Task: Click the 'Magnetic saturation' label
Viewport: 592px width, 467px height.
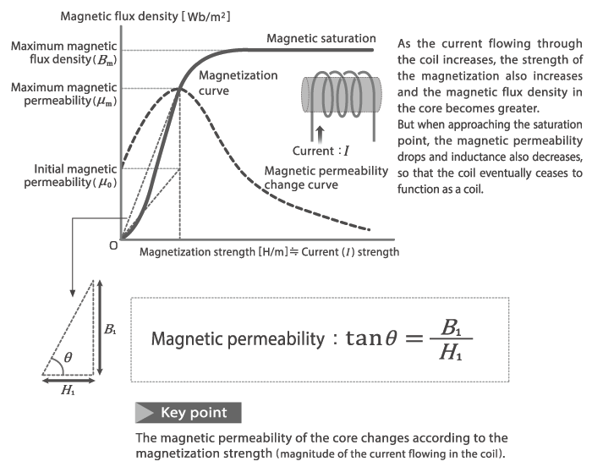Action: coord(321,39)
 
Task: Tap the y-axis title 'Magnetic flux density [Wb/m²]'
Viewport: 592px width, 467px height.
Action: coord(145,17)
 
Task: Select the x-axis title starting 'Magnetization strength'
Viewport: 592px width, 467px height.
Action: coord(269,252)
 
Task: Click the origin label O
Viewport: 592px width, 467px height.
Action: coord(113,245)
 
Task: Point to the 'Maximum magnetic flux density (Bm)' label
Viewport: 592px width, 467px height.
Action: coord(63,53)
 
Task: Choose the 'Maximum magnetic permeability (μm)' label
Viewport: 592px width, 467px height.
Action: coord(63,94)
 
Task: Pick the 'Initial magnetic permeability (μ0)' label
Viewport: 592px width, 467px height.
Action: coord(70,176)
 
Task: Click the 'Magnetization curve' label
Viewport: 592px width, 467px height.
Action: coord(238,83)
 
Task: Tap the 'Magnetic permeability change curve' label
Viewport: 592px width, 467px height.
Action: coord(326,178)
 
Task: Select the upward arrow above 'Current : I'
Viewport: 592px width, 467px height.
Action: coord(320,135)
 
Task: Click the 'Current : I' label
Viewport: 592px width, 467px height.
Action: coord(321,151)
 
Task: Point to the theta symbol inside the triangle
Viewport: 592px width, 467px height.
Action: coord(68,357)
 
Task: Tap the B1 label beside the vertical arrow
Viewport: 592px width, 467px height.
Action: coord(110,329)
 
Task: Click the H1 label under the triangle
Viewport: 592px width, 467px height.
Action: coord(68,389)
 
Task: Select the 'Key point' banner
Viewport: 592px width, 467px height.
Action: coord(189,413)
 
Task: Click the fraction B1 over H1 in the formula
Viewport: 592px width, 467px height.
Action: coord(451,339)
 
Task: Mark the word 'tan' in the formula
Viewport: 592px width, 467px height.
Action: coord(364,338)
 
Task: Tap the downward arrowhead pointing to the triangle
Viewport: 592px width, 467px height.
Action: coord(73,294)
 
